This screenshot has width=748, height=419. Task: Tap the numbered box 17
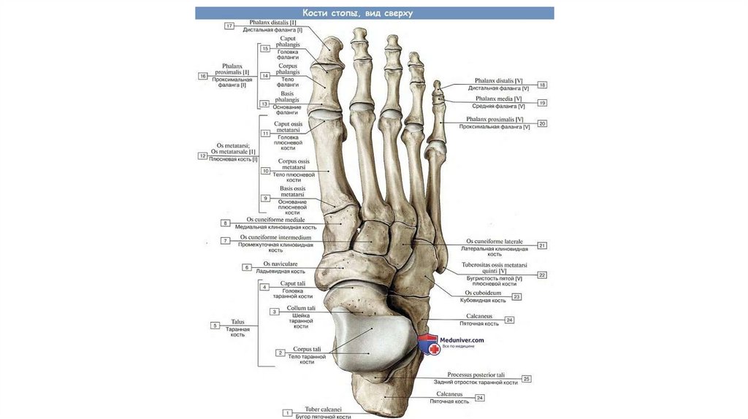(x=229, y=26)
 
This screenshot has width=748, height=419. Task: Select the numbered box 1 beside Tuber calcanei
(x=288, y=412)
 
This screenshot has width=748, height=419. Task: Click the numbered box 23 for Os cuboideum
(x=516, y=297)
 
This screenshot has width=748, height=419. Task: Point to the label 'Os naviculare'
(x=278, y=264)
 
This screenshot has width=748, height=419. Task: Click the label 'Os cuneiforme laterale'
(x=495, y=242)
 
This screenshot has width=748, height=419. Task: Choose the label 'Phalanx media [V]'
(x=499, y=99)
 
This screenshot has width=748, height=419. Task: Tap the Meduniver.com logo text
(x=462, y=339)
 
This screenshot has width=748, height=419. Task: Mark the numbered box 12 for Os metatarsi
(x=202, y=156)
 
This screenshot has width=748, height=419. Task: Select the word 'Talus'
(x=237, y=321)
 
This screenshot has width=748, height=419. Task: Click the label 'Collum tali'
(x=301, y=309)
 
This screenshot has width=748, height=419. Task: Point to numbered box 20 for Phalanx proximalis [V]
(x=542, y=124)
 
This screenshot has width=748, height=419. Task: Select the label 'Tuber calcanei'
(x=323, y=410)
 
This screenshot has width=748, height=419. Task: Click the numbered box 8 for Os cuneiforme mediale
(x=226, y=223)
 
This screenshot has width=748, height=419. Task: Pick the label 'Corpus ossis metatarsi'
(x=294, y=161)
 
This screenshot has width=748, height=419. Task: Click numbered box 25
(x=526, y=379)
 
